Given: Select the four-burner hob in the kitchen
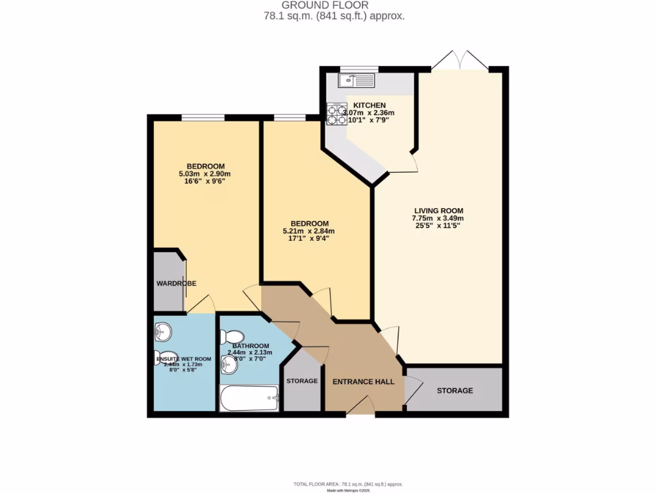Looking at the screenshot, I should coord(336,114).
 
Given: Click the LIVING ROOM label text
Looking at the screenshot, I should coord(438,211).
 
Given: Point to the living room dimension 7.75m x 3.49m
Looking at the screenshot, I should coord(438,218).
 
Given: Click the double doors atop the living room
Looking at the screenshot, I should coord(459,61).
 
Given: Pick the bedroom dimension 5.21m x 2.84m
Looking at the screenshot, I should coord(309,231).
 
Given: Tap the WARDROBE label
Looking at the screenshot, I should coord(176,283).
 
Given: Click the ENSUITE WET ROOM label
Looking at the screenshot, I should coord(184,359).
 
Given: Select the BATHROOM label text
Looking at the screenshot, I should coord(251,345).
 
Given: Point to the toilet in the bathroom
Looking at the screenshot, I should coord(232,337).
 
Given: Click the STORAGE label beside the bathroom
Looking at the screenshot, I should coord(302,381).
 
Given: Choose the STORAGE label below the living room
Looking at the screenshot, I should coord(455,390).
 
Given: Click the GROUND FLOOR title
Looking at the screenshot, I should coord(334,6).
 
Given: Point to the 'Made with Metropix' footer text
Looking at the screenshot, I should coord(348,490).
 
